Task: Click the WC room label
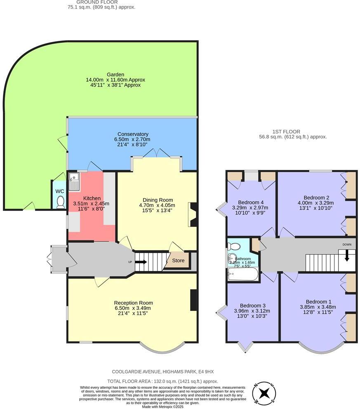[60, 191]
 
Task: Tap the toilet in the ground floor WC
[60, 202]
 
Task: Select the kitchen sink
[74, 181]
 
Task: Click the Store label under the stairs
[178, 261]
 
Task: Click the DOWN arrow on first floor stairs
[347, 256]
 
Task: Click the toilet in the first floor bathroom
[235, 246]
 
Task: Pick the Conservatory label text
[133, 134]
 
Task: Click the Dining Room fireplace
[192, 214]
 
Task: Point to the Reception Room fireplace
[193, 300]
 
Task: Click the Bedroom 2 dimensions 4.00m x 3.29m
[316, 203]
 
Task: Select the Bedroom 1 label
[318, 301]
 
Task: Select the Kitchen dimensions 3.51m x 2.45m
[91, 204]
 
